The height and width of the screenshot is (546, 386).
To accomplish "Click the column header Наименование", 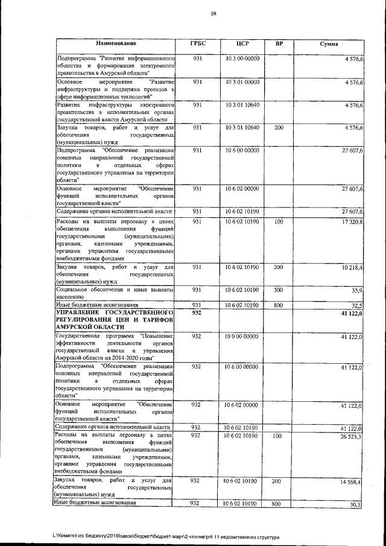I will pyautogui.click(x=115, y=44).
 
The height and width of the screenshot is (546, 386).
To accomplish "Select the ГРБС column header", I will pyautogui.click(x=197, y=44).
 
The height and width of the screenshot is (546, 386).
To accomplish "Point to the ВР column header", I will pyautogui.click(x=279, y=44).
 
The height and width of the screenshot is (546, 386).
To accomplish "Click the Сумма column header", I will pyautogui.click(x=329, y=44).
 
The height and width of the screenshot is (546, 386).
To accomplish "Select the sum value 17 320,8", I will pyautogui.click(x=350, y=223).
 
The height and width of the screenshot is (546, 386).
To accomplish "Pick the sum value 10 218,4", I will pyautogui.click(x=350, y=267).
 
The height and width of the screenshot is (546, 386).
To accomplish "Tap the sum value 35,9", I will pyautogui.click(x=355, y=290).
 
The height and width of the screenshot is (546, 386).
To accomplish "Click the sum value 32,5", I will pyautogui.click(x=355, y=305).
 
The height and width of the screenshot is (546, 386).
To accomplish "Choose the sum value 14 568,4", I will pyautogui.click(x=350, y=481).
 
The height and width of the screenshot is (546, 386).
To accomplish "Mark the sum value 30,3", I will pyautogui.click(x=355, y=503).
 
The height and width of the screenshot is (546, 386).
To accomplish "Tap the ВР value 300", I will pyautogui.click(x=278, y=290).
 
